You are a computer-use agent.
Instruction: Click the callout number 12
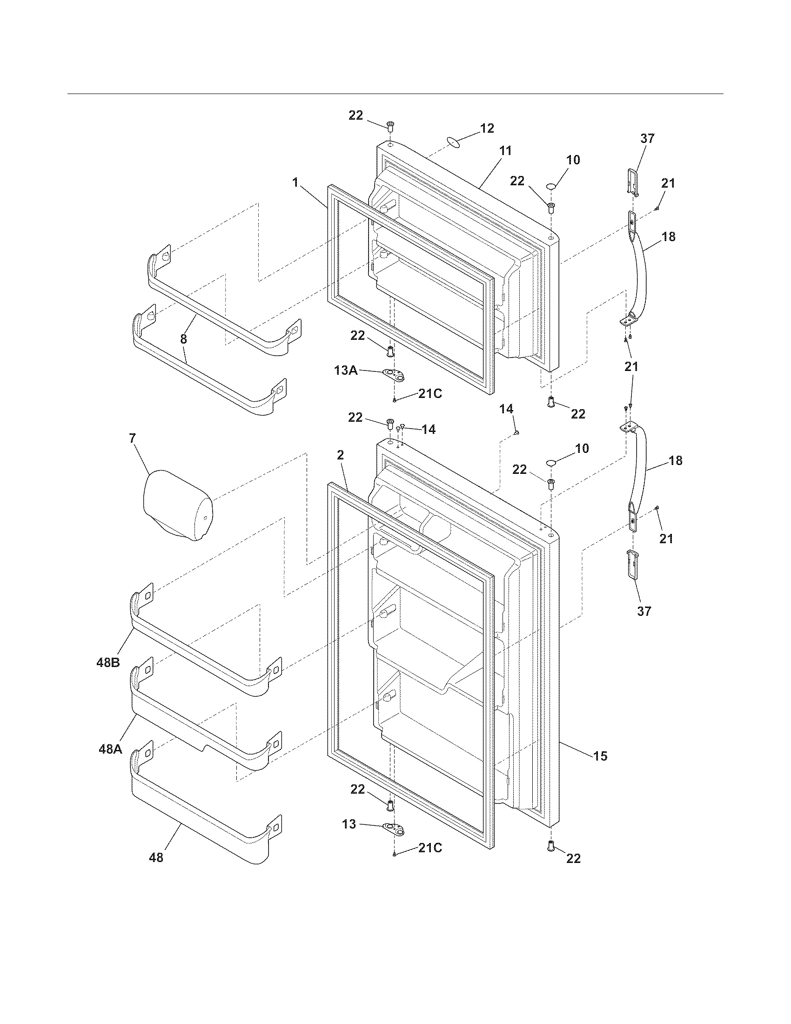pyautogui.click(x=487, y=128)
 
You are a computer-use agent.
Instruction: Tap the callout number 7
pyautogui.click(x=132, y=438)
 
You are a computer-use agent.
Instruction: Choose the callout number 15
pyautogui.click(x=600, y=756)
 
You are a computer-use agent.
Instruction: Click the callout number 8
pyautogui.click(x=183, y=339)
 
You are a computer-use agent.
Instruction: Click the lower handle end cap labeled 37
pyautogui.click(x=632, y=566)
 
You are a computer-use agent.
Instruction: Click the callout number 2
pyautogui.click(x=340, y=454)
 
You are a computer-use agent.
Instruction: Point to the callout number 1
pyautogui.click(x=295, y=182)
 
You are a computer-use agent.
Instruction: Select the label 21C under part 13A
pyautogui.click(x=430, y=394)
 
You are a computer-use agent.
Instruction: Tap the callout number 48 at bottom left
pyautogui.click(x=156, y=857)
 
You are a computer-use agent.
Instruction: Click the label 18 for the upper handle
pyautogui.click(x=669, y=237)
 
